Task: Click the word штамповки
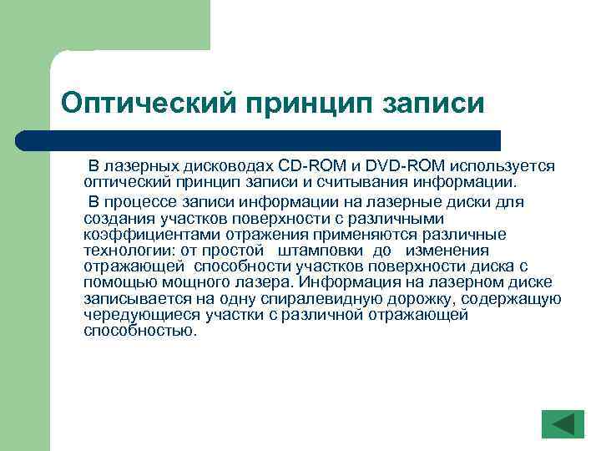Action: tap(321, 251)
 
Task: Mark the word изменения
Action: tap(444, 251)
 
